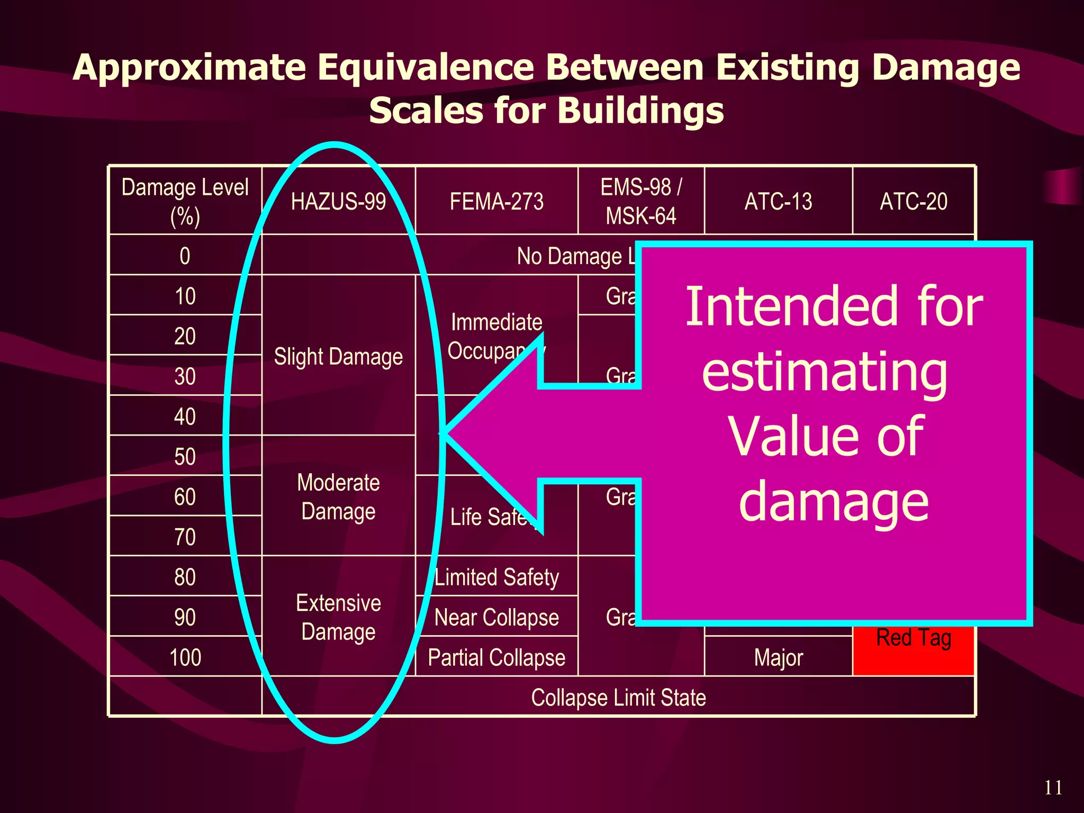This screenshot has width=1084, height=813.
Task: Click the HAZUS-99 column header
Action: (x=338, y=202)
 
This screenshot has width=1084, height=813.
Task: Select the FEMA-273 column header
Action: (x=496, y=202)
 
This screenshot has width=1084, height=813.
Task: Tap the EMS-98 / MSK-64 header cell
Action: (x=641, y=202)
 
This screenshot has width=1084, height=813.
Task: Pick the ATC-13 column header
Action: (x=778, y=202)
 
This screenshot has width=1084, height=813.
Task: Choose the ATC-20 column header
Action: (x=914, y=202)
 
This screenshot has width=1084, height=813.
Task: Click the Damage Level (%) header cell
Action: (x=185, y=202)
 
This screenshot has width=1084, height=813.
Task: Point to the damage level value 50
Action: (x=185, y=456)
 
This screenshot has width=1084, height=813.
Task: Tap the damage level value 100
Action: (x=185, y=657)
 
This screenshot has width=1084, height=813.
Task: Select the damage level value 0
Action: (x=185, y=256)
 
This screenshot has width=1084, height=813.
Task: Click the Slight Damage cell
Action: (x=338, y=357)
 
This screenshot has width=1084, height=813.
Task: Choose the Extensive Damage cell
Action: (x=338, y=617)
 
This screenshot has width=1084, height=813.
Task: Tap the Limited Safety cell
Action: (x=496, y=577)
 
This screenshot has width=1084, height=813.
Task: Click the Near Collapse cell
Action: (x=496, y=617)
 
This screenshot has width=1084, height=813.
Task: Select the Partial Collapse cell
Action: (x=496, y=657)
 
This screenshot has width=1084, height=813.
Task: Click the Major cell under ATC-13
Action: (x=778, y=657)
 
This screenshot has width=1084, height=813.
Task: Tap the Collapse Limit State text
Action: (x=618, y=698)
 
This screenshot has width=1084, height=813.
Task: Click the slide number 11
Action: (x=1053, y=788)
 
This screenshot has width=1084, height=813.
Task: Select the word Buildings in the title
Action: (x=640, y=111)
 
